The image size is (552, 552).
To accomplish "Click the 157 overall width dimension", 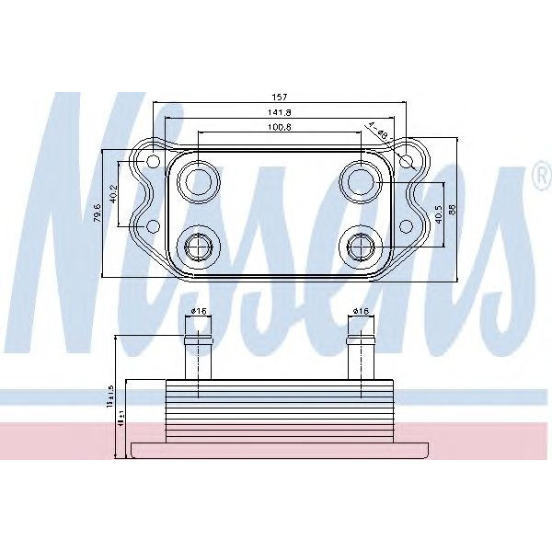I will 281,96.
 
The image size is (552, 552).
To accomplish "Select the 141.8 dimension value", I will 281,111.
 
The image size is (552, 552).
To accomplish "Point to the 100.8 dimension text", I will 281,127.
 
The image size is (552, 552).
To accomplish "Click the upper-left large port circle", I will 198,181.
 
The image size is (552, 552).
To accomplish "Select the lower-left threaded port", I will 198,247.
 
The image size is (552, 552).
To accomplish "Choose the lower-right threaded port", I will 360,247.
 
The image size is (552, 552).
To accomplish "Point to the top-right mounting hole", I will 408,163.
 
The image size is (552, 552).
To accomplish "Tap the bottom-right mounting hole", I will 408,226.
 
